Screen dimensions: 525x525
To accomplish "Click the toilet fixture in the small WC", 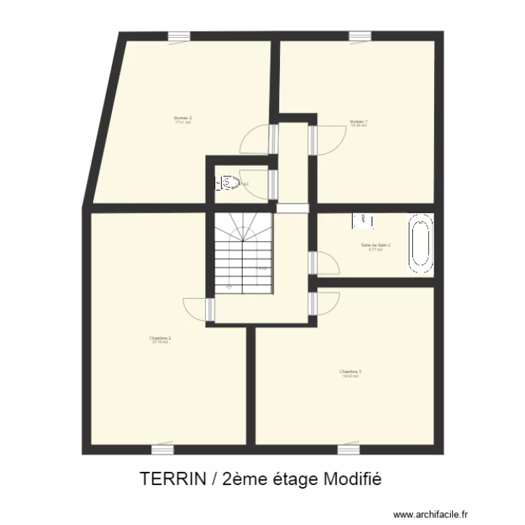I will point(231,183).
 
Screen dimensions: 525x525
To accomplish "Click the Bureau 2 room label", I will point(183,119).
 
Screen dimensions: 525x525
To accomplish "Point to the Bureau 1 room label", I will point(358,122).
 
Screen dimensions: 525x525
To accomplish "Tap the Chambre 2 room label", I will point(160,339).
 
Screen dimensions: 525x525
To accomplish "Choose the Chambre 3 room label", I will point(350,373).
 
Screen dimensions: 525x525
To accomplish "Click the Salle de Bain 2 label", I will point(375,246).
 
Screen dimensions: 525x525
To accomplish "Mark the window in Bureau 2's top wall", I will point(178,36).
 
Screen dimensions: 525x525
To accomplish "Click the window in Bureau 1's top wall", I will point(360,36).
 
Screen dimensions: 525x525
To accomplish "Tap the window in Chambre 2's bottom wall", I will point(162,449).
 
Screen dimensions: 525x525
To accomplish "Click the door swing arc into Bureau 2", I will point(255,140).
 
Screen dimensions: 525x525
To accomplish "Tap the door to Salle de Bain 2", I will point(325,262).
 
